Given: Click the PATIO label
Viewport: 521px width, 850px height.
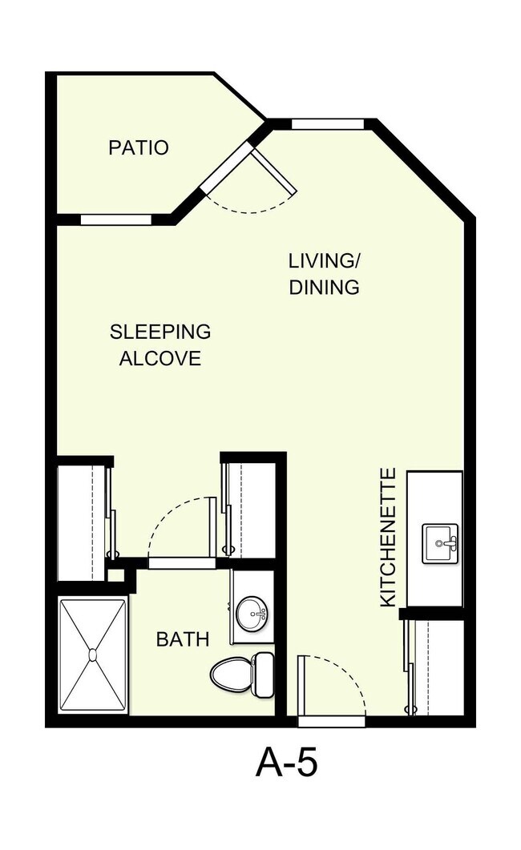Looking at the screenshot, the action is tap(138, 147).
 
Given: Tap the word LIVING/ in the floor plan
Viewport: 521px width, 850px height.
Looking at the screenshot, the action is tap(324, 260).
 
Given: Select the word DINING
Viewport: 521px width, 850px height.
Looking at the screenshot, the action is tap(324, 287).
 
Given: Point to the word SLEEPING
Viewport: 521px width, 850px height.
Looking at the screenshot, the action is tap(160, 332).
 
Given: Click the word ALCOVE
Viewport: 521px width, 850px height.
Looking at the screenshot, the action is tap(160, 358).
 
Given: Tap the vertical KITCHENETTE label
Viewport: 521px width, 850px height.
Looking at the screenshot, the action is tap(388, 538).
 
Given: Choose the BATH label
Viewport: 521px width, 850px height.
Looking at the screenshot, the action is tap(183, 639).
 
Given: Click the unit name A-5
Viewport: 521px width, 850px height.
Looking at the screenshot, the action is tap(286, 763).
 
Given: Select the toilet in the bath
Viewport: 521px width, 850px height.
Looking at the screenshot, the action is tap(242, 675).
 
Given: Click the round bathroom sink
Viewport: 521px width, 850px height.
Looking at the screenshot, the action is tap(252, 614).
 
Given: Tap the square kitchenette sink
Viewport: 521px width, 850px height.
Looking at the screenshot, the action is tap(440, 543).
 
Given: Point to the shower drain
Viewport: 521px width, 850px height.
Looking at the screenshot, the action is tap(93, 655).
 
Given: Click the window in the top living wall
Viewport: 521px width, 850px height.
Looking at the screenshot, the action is tap(328, 124).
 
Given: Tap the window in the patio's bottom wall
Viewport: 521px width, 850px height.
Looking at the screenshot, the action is tap(116, 220).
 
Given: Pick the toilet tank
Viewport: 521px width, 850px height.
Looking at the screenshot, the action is tap(264, 675).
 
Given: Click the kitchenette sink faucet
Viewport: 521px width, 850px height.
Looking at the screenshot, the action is tap(447, 542).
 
